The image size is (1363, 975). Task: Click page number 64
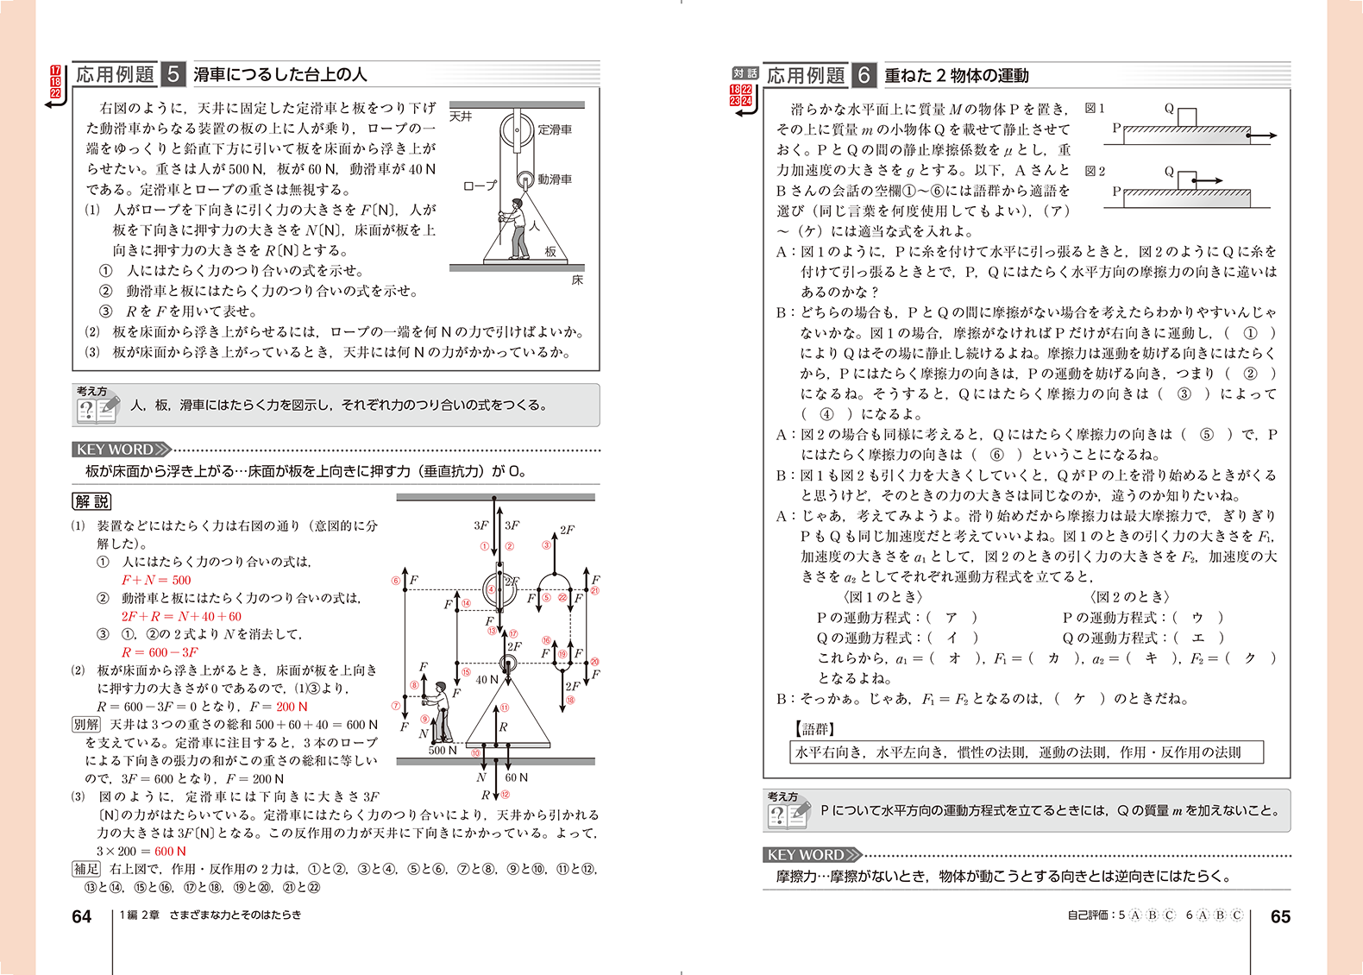point(81,916)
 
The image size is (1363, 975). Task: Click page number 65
point(1280,916)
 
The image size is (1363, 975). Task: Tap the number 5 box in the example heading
point(173,74)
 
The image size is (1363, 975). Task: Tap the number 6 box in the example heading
point(864,75)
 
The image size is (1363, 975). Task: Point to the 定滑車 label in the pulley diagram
point(555,129)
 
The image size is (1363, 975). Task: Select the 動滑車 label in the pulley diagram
point(555,179)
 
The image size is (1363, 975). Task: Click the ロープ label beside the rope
point(480,186)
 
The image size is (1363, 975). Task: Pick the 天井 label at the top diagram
point(462,116)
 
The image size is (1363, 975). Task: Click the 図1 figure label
point(1095,108)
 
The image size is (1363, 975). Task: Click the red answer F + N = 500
point(156,580)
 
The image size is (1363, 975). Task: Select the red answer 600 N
point(170,851)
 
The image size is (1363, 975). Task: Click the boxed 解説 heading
point(91,501)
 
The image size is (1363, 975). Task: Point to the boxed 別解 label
point(86,725)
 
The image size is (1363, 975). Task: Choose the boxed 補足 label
point(86,869)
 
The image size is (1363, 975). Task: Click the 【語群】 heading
point(814,729)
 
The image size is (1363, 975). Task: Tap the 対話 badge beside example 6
point(744,73)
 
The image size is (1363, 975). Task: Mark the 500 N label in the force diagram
point(443,750)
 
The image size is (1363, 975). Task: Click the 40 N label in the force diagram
point(487,679)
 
